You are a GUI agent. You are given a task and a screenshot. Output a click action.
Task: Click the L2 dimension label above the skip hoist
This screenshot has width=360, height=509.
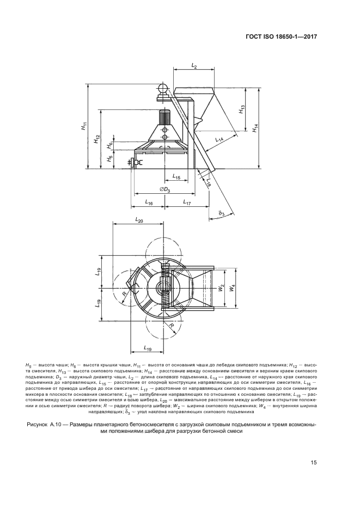pyautogui.click(x=194, y=65)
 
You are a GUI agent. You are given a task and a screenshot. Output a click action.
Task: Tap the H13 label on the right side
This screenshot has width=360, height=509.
pyautogui.click(x=241, y=109)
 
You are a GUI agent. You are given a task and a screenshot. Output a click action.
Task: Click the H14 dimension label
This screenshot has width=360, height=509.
pyautogui.click(x=255, y=127)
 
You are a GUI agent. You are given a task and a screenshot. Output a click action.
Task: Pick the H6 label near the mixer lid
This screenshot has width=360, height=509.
pyautogui.click(x=109, y=145)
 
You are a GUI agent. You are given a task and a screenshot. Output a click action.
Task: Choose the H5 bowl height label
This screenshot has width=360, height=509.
pyautogui.click(x=109, y=159)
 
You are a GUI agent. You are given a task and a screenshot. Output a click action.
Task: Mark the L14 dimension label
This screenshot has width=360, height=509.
pyautogui.click(x=219, y=139)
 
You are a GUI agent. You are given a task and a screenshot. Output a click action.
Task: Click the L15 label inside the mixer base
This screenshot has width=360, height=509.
pyautogui.click(x=176, y=176)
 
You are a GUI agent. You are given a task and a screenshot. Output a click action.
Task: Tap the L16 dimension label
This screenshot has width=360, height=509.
pyautogui.click(x=149, y=202)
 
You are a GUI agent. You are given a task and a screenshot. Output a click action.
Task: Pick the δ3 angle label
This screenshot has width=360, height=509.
pyautogui.click(x=221, y=214)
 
